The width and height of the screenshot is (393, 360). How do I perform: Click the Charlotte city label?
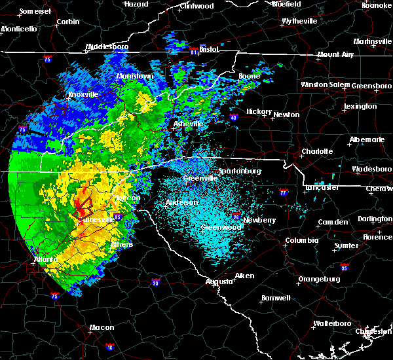[317, 151]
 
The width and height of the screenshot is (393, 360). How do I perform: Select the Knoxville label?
[83, 94]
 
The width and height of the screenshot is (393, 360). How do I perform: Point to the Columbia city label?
[301, 240]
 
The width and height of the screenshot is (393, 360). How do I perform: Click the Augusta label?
[218, 281]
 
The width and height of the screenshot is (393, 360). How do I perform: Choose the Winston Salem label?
[326, 85]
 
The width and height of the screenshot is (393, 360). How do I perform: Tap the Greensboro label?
[372, 86]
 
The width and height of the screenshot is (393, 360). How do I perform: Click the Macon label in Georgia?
[102, 327]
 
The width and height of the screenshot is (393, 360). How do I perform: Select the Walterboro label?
[332, 323]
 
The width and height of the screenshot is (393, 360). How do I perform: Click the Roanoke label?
[377, 5]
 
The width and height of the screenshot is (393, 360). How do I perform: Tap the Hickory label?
[259, 111]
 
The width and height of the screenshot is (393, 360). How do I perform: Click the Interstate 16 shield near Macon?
[109, 345]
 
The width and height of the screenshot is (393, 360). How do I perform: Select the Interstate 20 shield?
[156, 283]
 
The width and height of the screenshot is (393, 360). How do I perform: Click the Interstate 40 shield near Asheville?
[215, 118]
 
